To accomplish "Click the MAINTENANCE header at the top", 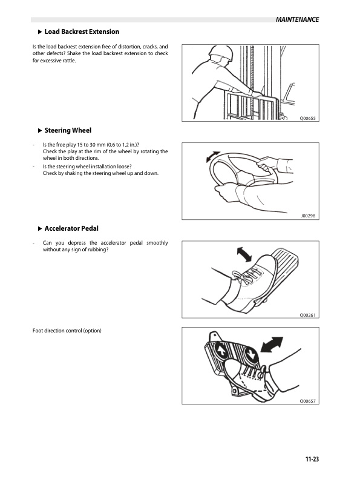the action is point(297,19).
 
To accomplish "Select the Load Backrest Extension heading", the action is point(82,31).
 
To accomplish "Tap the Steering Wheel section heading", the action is point(68,130).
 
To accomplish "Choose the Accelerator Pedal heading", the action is point(71,228).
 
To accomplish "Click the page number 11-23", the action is point(312,459).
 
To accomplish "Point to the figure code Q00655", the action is point(307,118).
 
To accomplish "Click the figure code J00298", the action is point(308,216).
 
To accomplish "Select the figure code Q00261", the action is point(307,315).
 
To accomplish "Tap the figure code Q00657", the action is point(307,401).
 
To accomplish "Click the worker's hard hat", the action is point(222,53).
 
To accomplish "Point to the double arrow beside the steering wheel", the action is point(213,157).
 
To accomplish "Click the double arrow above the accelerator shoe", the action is point(244,254).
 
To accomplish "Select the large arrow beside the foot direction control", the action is point(272,345).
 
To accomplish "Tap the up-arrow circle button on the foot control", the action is point(222,351).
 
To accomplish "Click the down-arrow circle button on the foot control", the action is point(250,355).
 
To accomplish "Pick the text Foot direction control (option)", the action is point(67,331).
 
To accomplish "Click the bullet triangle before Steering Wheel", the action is point(40,131).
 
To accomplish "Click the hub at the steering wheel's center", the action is point(244,177).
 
